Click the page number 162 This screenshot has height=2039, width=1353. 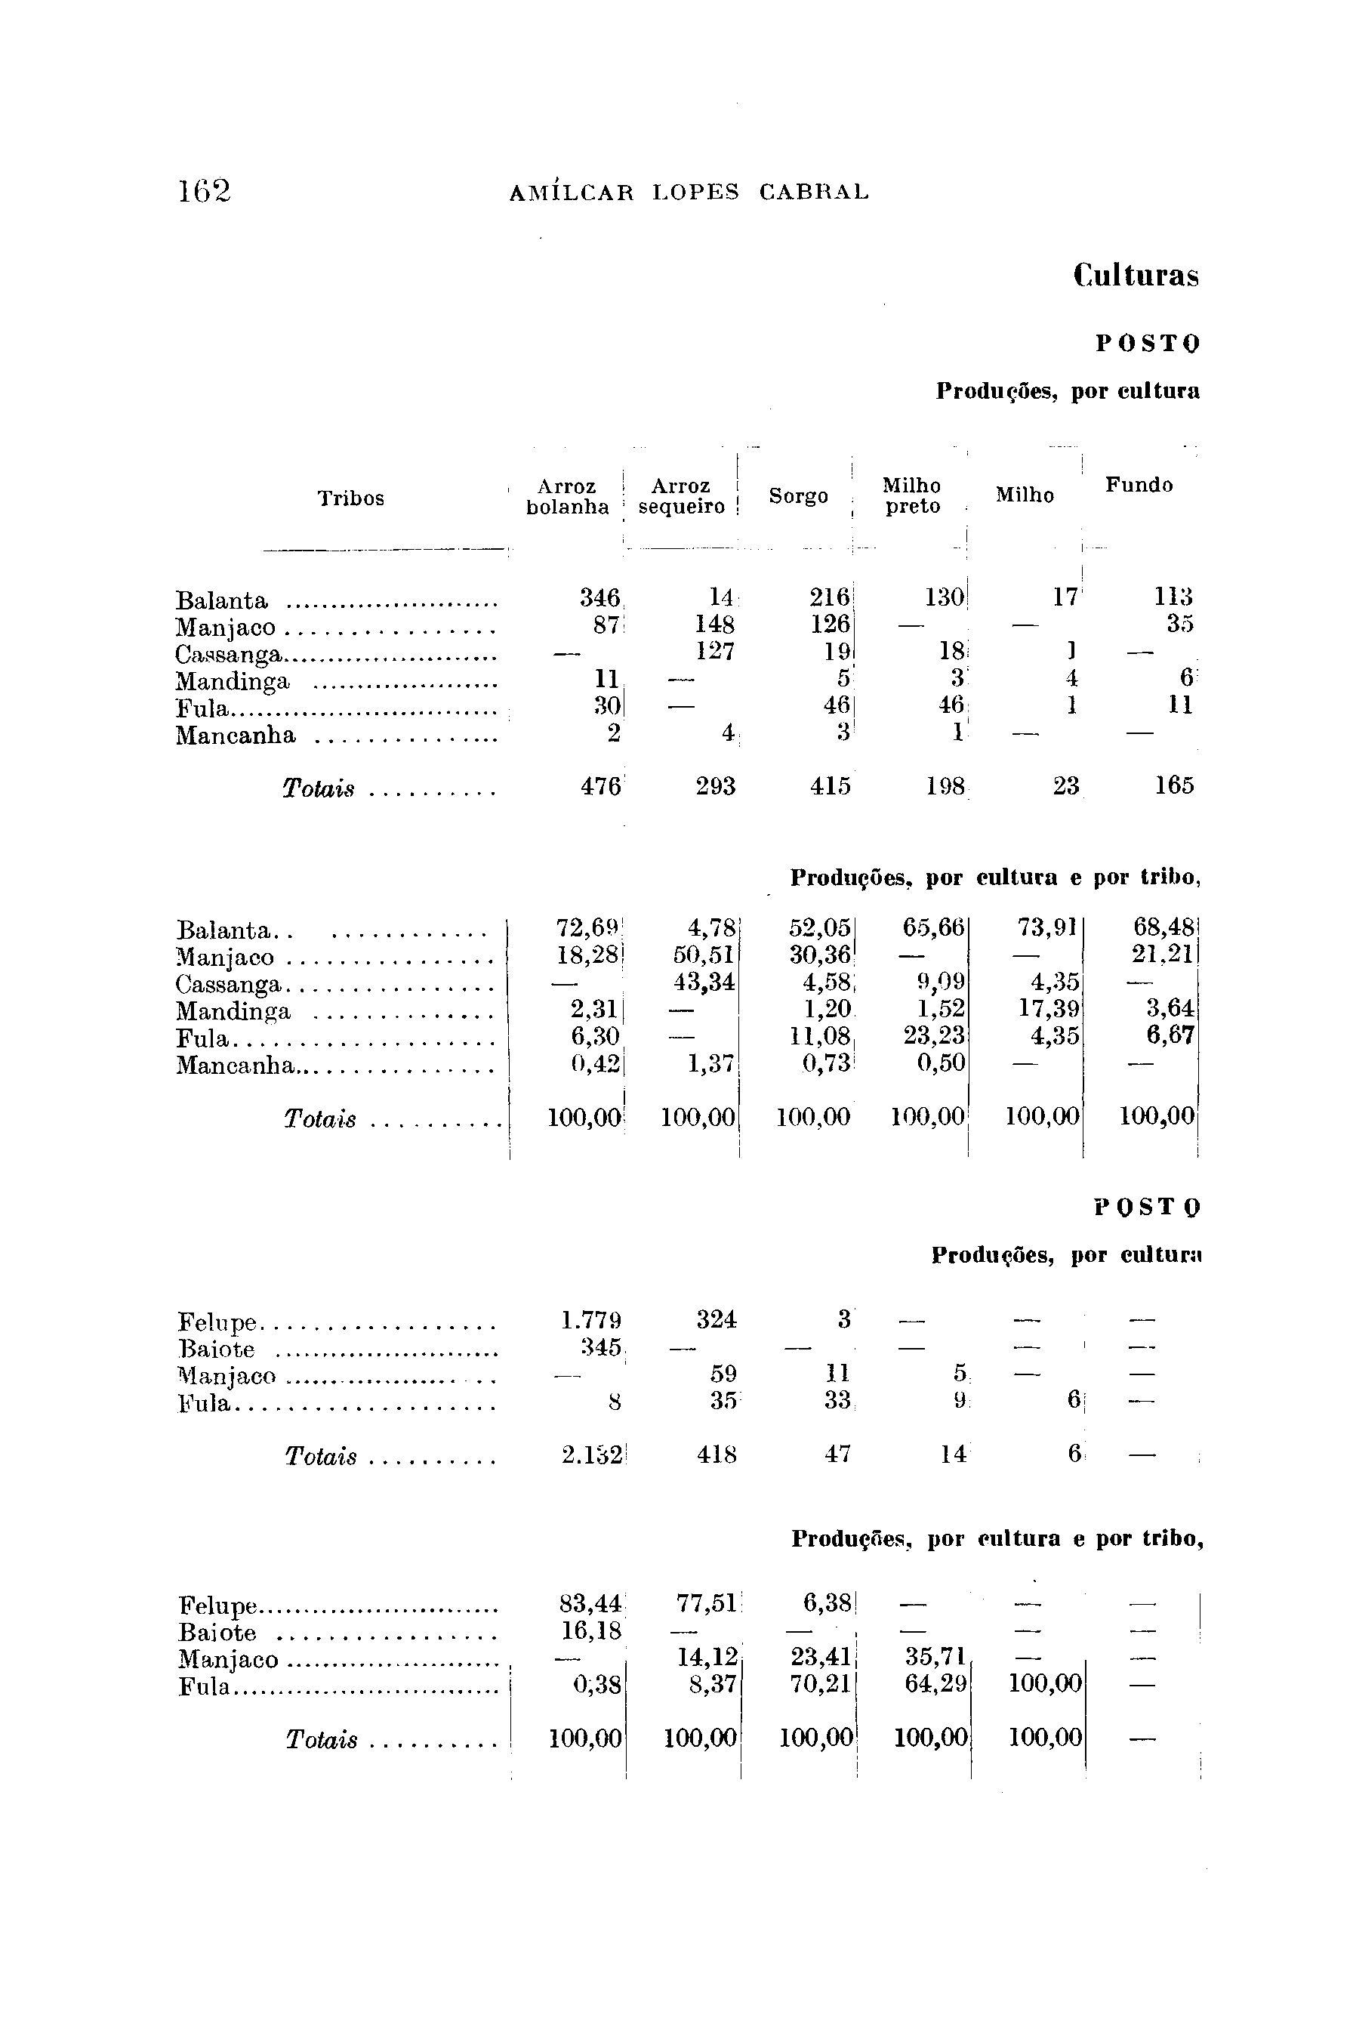coord(205,191)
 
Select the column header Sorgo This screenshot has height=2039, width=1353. coord(798,496)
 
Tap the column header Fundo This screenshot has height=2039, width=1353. coord(1139,485)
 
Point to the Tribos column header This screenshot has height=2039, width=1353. coord(350,498)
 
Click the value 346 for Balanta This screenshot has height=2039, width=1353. coord(599,597)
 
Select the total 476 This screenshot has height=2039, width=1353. coord(602,786)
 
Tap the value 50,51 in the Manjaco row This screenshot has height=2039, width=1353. coord(704,956)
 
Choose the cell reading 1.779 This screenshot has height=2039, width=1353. coord(591,1321)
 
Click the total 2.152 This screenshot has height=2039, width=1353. coord(591,1454)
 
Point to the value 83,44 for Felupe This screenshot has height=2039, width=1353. coord(591,1603)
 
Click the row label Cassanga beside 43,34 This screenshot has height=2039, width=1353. coord(229,985)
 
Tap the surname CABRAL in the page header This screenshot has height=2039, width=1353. coord(814,193)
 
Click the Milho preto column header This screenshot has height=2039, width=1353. coord(912,496)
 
